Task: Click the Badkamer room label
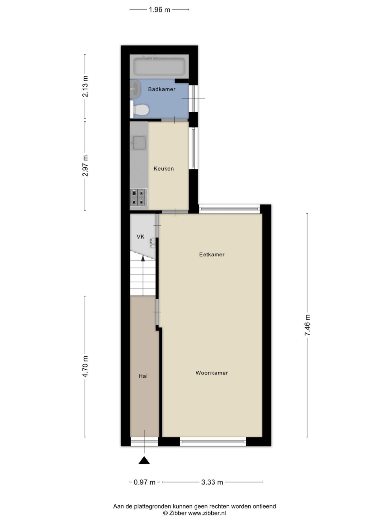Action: click(161, 89)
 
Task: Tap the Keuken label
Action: click(164, 169)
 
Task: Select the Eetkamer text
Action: click(212, 254)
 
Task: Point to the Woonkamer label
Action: click(212, 373)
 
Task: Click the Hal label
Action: click(143, 376)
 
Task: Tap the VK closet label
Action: click(140, 237)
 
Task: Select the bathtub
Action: click(159, 66)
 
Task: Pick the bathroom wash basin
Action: click(135, 89)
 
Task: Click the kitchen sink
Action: click(139, 143)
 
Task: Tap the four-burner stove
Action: click(138, 197)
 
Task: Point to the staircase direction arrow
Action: click(143, 258)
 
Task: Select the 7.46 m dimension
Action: click(307, 325)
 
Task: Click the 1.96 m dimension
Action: click(159, 10)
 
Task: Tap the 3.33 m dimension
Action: click(212, 482)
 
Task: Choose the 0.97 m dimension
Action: click(145, 482)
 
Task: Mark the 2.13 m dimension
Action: click(85, 86)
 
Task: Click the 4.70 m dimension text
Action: click(85, 366)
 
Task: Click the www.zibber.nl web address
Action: click(207, 513)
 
